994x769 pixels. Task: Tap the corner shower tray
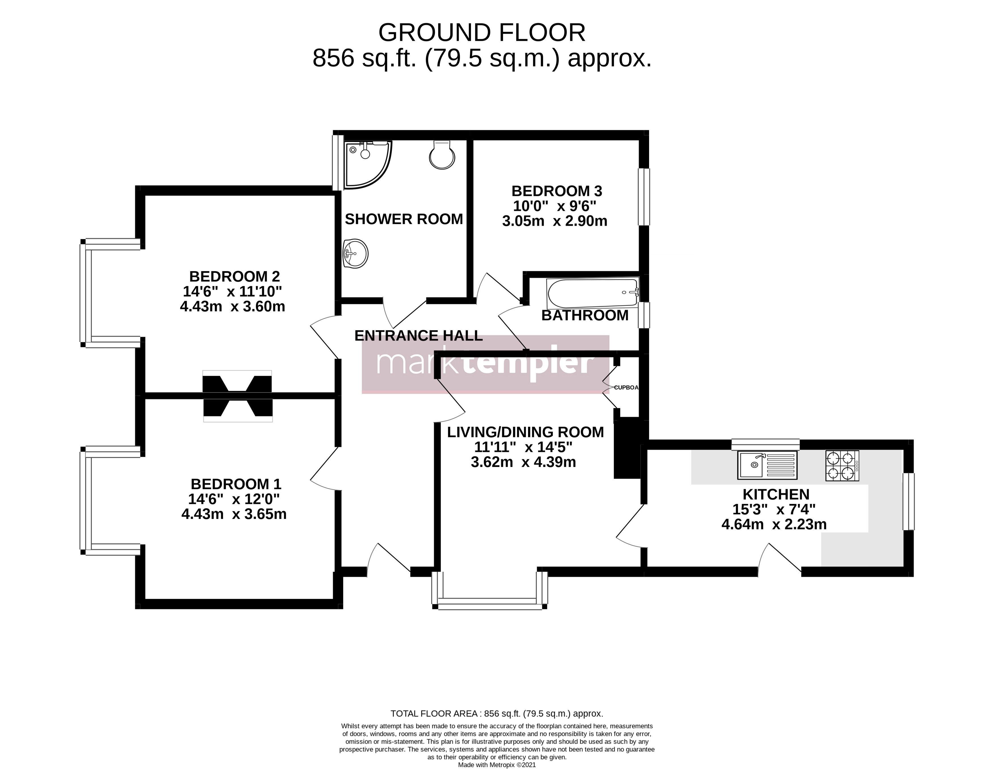(x=367, y=164)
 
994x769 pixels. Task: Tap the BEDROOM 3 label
(x=557, y=191)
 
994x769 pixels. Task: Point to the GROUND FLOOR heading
(x=482, y=33)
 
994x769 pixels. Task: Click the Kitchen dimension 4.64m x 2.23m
(x=774, y=525)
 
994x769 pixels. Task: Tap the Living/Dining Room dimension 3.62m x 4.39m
(x=524, y=462)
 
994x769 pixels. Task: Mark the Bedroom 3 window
(x=644, y=197)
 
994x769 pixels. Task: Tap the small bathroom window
(x=644, y=315)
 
